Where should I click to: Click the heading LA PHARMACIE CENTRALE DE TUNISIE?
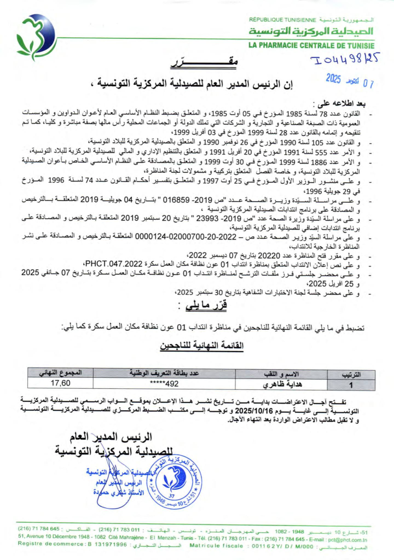tap(311, 45)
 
